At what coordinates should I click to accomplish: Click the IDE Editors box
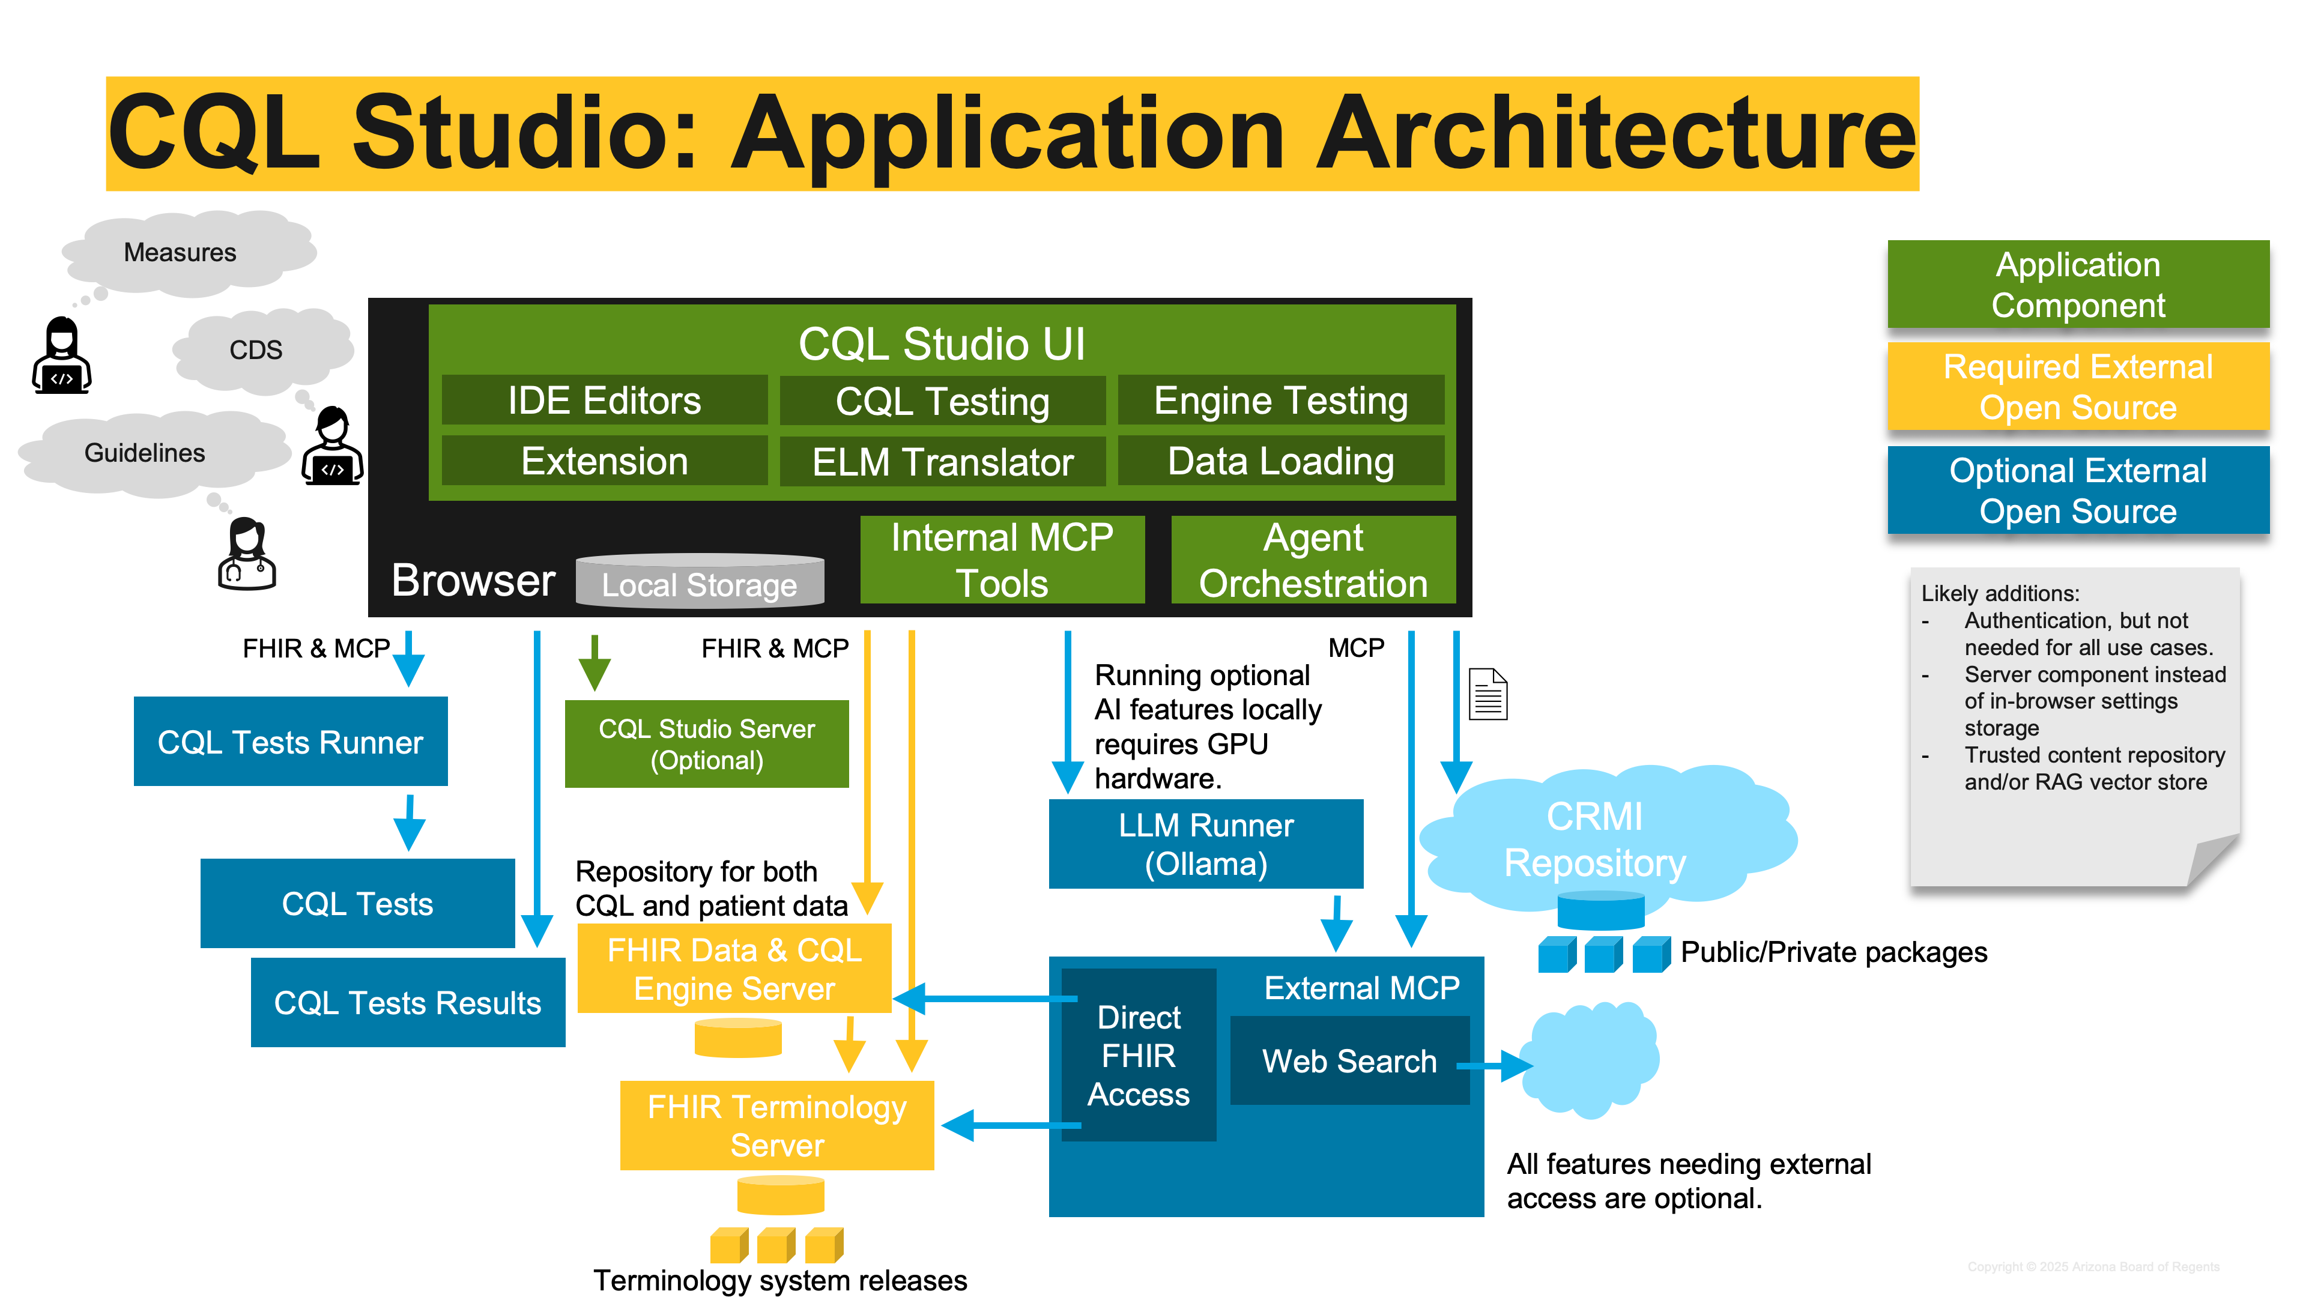(604, 400)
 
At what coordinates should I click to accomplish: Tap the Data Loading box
(1280, 462)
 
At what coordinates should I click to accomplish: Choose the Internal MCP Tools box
(1002, 560)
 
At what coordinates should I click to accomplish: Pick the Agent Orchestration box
(1312, 560)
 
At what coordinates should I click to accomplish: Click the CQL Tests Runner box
(290, 742)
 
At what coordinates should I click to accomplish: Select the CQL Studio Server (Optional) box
(706, 744)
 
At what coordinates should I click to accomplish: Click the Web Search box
(1349, 1060)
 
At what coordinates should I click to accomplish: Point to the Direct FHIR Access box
(1138, 1056)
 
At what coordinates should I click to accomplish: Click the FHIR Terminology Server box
(776, 1125)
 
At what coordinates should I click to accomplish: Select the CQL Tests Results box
(407, 1003)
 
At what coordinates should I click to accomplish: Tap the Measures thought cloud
(180, 252)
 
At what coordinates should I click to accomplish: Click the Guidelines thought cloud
(145, 453)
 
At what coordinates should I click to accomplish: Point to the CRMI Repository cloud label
(1594, 839)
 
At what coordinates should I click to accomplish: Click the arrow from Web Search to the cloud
(1495, 1065)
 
